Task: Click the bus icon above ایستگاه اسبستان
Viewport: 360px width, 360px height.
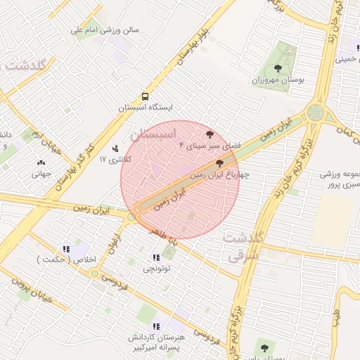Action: (144, 96)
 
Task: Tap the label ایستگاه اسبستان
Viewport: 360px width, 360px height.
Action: (145, 108)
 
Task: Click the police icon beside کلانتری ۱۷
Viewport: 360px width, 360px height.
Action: (115, 148)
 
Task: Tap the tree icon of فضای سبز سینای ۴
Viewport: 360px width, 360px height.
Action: (209, 134)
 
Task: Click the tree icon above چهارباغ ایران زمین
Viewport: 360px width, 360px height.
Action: (221, 162)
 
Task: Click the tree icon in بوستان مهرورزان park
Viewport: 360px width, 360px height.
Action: (278, 69)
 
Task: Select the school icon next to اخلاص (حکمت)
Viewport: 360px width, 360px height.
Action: (66, 248)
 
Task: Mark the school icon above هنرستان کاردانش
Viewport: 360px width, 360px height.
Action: (155, 326)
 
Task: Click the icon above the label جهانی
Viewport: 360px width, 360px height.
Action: (40, 163)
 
